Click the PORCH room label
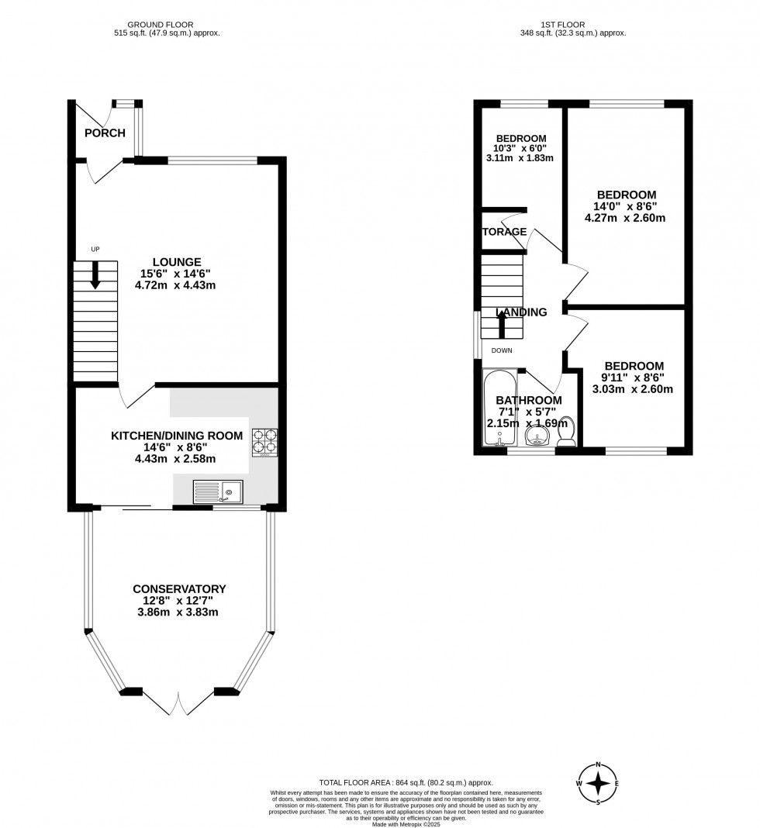(x=105, y=133)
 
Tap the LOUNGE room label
(x=176, y=262)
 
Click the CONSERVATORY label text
(x=178, y=589)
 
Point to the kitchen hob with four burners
(x=264, y=441)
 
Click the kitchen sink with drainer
(x=219, y=491)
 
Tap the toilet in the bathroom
(x=568, y=432)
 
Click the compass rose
(x=598, y=782)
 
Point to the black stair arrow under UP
(x=95, y=275)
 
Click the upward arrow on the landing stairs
(x=502, y=325)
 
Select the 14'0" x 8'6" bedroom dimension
(x=626, y=206)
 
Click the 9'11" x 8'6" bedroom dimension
(x=634, y=378)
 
